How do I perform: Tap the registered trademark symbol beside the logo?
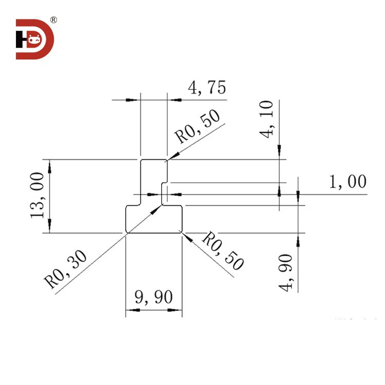[54, 20]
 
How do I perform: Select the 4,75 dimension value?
[207, 88]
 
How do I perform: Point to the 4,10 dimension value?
[268, 119]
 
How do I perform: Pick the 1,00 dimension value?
[348, 182]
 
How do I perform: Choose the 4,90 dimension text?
[287, 272]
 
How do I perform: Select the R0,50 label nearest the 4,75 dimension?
[198, 126]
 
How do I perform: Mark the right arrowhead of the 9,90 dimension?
[179, 310]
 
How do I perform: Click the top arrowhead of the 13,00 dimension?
[50, 163]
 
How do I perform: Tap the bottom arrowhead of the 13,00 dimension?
[50, 229]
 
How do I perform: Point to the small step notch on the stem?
[165, 183]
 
